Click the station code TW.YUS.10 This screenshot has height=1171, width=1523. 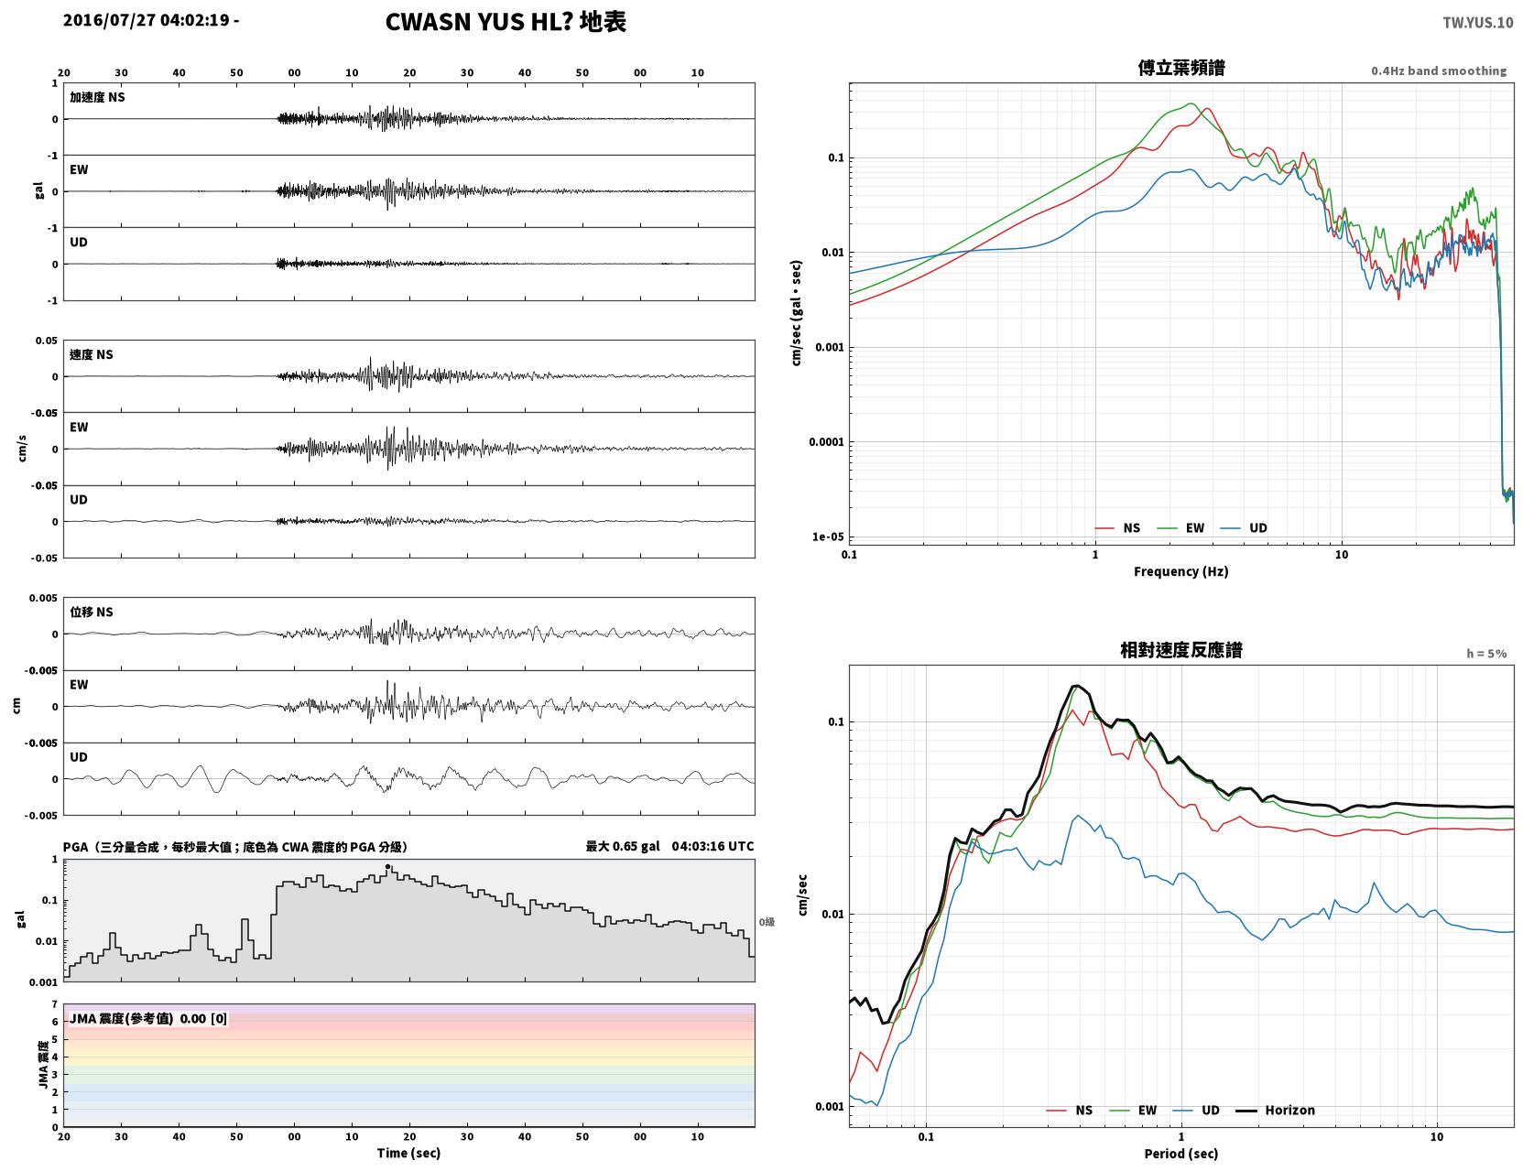pos(1477,22)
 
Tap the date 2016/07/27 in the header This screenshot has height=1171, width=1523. pos(109,19)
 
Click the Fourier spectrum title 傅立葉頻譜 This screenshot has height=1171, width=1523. pos(1181,68)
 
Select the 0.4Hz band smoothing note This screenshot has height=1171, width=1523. pos(1438,70)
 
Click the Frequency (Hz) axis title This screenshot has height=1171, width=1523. pos(1181,571)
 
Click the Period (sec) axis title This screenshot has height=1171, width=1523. pos(1181,1154)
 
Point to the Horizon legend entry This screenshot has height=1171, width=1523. pos(1275,1110)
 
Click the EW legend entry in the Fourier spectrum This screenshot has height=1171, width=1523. pos(1181,528)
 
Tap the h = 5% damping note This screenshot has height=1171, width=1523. pos(1485,654)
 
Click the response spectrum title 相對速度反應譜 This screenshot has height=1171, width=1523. pos(1181,650)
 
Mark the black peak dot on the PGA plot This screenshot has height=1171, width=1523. pos(387,867)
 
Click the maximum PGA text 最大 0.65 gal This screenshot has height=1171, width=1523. pos(623,846)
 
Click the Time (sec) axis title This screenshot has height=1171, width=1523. pos(408,1153)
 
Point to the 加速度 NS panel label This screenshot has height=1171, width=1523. pos(97,97)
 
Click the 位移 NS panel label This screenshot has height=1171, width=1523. pos(91,613)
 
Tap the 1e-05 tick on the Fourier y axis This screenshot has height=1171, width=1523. pos(828,537)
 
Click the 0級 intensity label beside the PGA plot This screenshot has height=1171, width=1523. pos(767,922)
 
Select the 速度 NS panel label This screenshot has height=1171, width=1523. pos(91,355)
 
